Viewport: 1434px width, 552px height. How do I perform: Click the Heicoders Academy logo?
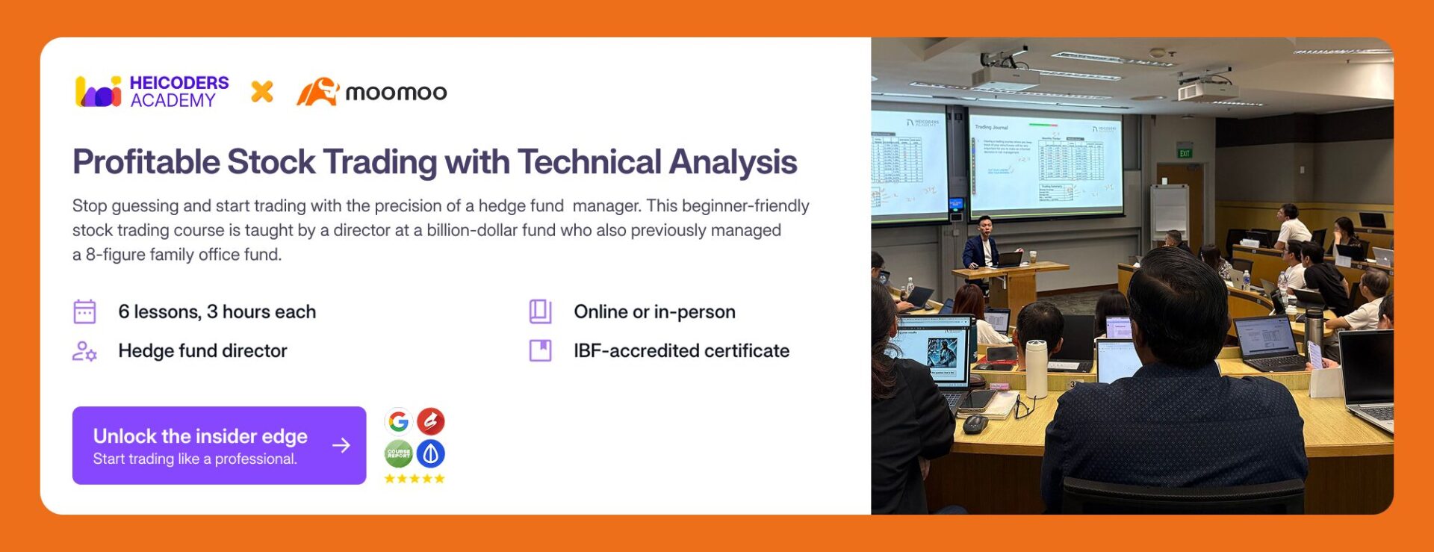coord(152,92)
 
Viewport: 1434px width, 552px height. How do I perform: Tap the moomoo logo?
coord(372,92)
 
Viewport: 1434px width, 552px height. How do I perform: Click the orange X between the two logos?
coord(262,92)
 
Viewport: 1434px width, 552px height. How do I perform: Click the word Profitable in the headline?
coord(146,162)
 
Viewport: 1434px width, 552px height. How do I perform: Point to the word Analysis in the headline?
coord(732,162)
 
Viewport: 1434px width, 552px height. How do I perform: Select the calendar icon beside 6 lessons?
coord(84,311)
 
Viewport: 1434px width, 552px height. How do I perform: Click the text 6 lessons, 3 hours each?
coord(217,311)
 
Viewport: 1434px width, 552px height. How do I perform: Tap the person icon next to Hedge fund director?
coord(84,351)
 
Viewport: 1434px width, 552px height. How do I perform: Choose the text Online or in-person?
coord(654,311)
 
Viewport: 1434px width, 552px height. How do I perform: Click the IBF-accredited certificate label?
coord(681,351)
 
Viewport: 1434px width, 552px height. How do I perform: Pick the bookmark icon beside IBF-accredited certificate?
coord(540,350)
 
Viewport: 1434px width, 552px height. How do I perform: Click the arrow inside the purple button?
coord(341,445)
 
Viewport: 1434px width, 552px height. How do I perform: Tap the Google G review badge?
coord(399,422)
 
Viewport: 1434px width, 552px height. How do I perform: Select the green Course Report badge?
coord(399,453)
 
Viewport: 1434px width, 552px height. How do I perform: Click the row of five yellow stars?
coord(415,479)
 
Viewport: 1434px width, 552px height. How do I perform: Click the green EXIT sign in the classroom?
coord(1185,153)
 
